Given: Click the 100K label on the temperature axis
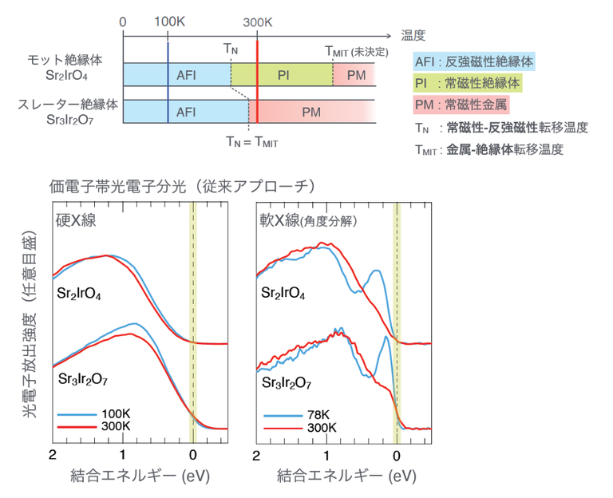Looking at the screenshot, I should point(168,23).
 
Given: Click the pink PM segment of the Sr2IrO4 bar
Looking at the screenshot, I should point(354,75).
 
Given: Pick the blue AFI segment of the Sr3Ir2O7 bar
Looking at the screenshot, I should point(185,112).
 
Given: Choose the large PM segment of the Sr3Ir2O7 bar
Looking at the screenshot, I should point(311,112).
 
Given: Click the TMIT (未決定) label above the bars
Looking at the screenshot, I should point(356,51).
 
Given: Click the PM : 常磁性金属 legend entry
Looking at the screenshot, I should point(461,104).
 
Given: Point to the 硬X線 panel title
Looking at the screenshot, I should point(76,220).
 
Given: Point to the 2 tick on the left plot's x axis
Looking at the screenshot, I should point(53,456).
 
